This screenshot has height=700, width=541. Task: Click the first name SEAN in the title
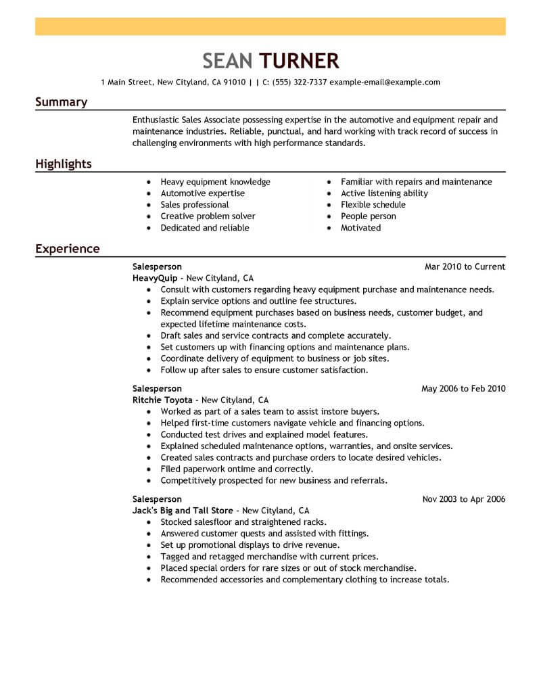point(227,62)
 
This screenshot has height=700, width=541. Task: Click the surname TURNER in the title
point(298,62)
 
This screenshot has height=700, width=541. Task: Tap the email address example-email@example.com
point(385,83)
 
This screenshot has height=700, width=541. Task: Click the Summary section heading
point(61,102)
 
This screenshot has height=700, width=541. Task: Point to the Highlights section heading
point(64,164)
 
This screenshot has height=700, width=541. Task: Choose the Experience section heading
point(67,249)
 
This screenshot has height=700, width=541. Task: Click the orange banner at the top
point(270,26)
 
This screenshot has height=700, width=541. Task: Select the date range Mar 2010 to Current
point(465,266)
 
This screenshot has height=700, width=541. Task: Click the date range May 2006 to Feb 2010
point(463,389)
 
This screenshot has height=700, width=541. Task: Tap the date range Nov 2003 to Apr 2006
point(463,499)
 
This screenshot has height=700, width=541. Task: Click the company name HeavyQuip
point(155,278)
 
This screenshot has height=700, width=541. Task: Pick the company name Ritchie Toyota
point(162,400)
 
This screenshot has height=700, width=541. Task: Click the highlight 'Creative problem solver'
point(208,216)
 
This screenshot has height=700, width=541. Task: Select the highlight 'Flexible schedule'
point(373,205)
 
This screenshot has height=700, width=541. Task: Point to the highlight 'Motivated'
point(360,228)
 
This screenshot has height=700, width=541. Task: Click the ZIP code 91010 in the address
point(234,83)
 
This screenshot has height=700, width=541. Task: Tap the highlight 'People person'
point(368,216)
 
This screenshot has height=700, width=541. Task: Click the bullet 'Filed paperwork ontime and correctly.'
point(237,469)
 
